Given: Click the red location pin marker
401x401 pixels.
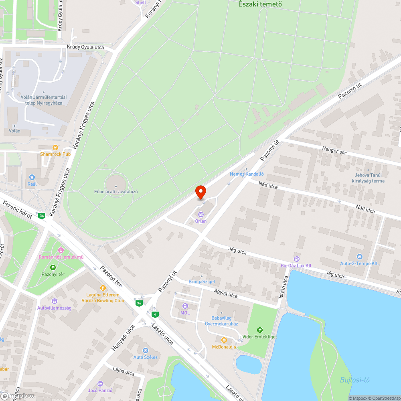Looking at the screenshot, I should pyautogui.click(x=200, y=192).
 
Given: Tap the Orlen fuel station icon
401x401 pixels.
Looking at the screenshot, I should pyautogui.click(x=201, y=215).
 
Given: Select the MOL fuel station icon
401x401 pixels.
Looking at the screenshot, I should pyautogui.click(x=185, y=306).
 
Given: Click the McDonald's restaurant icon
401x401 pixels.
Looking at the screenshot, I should pyautogui.click(x=224, y=340).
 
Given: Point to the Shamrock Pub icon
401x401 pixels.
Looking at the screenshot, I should pyautogui.click(x=55, y=148).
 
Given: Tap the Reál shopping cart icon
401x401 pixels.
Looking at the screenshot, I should pyautogui.click(x=32, y=177).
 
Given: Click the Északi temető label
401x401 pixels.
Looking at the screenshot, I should pyautogui.click(x=260, y=4).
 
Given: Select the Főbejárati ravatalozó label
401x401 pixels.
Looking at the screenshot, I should pyautogui.click(x=116, y=191).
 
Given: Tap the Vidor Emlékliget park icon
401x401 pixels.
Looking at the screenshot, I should pyautogui.click(x=260, y=330).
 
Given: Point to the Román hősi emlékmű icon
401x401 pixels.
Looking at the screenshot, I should pyautogui.click(x=61, y=250).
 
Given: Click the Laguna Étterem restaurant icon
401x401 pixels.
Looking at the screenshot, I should pyautogui.click(x=103, y=288).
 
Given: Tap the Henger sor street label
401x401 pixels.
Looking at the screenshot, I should pyautogui.click(x=334, y=152).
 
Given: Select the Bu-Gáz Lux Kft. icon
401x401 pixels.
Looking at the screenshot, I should pyautogui.click(x=296, y=259).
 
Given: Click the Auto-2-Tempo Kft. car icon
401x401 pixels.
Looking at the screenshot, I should pyautogui.click(x=359, y=257).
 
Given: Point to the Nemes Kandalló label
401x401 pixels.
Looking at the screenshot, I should pyautogui.click(x=247, y=174).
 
